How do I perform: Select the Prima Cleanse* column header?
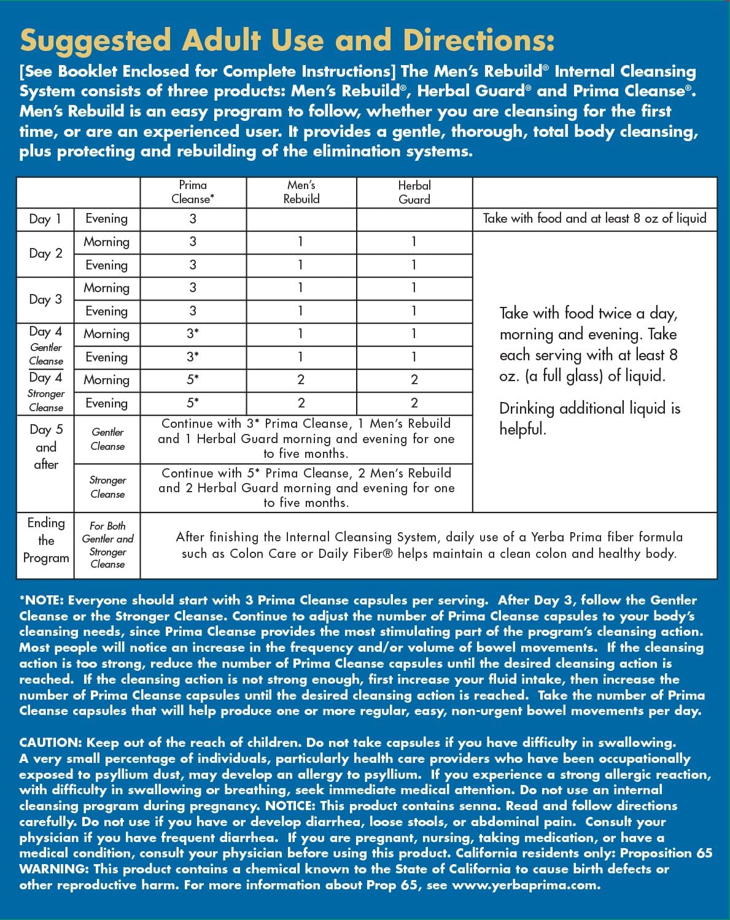click(193, 192)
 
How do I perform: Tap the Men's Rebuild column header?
click(301, 192)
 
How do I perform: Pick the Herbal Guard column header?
click(414, 192)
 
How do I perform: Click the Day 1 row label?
click(45, 219)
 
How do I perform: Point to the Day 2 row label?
click(45, 253)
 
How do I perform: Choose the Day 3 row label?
click(45, 300)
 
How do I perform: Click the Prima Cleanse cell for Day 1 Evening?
click(193, 219)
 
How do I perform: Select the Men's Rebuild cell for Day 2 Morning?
click(301, 242)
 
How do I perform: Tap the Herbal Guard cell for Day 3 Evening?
click(414, 311)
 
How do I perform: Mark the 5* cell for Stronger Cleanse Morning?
click(193, 380)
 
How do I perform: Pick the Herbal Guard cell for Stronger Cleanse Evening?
click(414, 403)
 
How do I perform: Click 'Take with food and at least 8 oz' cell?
click(594, 218)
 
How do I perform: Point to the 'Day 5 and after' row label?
click(46, 447)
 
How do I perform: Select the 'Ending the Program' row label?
click(46, 540)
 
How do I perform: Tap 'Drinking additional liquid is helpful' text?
click(589, 419)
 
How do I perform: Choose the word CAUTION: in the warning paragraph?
click(50, 743)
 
